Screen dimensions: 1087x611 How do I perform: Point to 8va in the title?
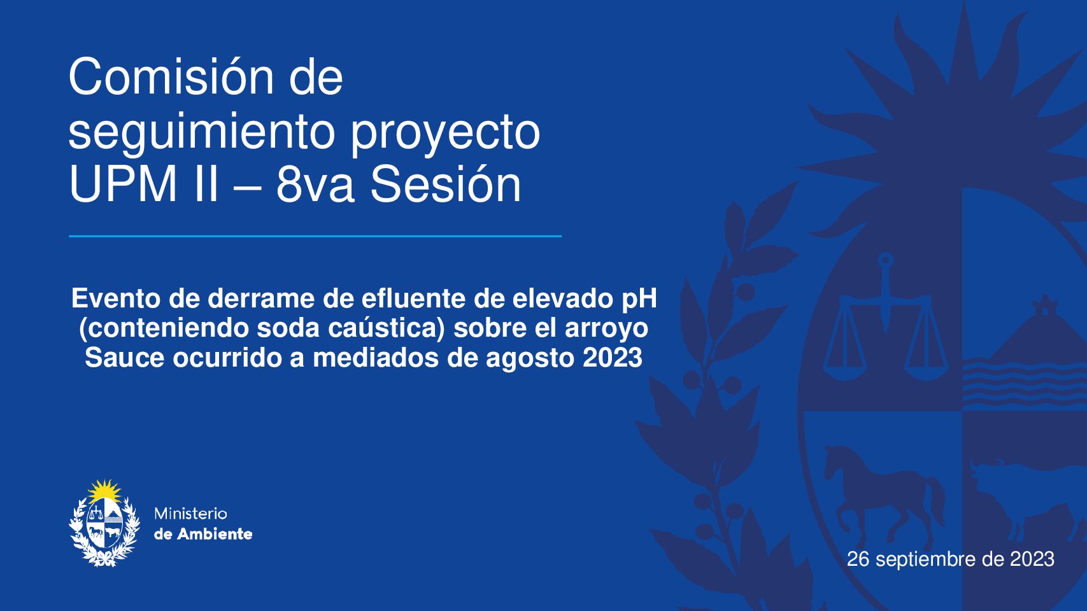pos(315,185)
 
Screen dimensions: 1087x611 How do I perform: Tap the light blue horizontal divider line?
pos(315,236)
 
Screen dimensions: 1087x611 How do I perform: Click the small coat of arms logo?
pos(104,523)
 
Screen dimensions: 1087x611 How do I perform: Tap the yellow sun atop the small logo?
pos(104,491)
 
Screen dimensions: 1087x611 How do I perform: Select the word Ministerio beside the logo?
pos(190,514)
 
